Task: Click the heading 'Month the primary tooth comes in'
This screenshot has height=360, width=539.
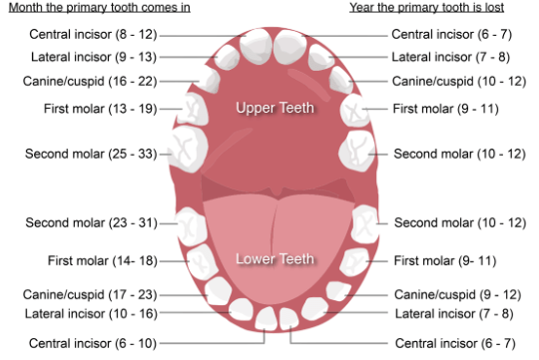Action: pyautogui.click(x=96, y=8)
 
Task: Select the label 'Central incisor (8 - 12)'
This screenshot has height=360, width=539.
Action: pyautogui.click(x=93, y=34)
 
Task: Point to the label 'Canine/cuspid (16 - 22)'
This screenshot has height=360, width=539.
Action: pyautogui.click(x=91, y=81)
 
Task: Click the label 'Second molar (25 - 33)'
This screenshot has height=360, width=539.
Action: pyautogui.click(x=91, y=154)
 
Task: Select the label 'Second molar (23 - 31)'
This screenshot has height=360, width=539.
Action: pyautogui.click(x=91, y=222)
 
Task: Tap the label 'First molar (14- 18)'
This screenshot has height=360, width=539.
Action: pyautogui.click(x=99, y=261)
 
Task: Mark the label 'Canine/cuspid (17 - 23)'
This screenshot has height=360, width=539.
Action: pyautogui.click(x=91, y=295)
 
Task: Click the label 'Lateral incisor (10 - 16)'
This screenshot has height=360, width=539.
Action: pyautogui.click(x=91, y=314)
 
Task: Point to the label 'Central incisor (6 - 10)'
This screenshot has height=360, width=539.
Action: pyautogui.click(x=93, y=343)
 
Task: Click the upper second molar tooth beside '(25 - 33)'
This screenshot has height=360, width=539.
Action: pyautogui.click(x=185, y=150)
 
